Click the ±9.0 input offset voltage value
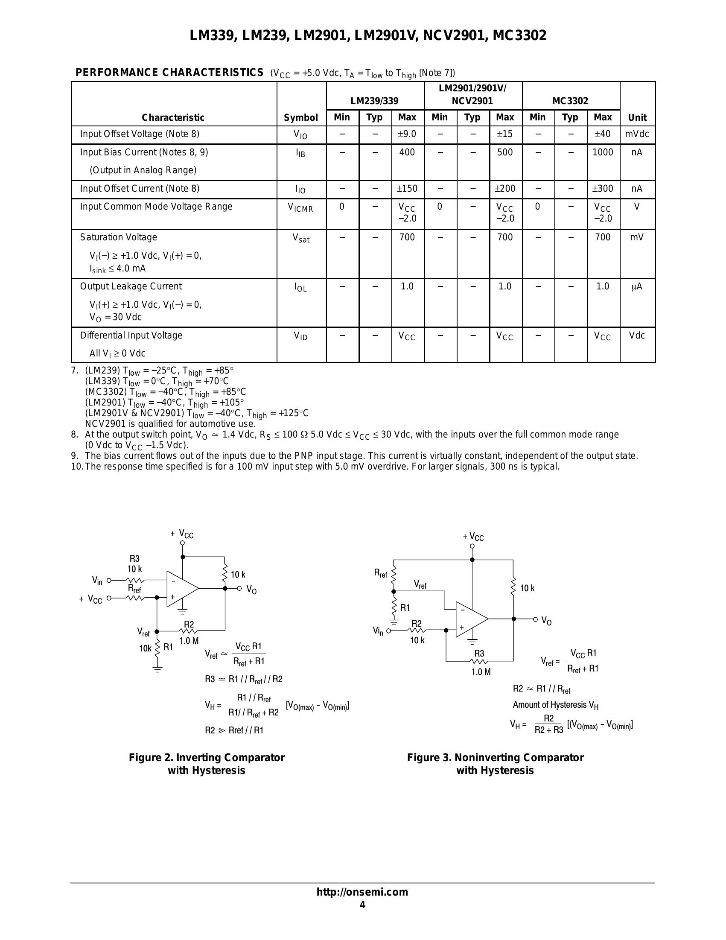407,134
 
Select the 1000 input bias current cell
603,152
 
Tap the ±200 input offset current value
505,189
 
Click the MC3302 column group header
570,101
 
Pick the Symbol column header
301,117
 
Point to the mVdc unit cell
637,134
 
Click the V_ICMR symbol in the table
300,207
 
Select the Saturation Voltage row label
118,237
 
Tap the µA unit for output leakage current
636,286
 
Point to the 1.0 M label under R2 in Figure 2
189,640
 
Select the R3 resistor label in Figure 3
479,654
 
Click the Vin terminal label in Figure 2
97,581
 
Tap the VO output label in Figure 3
546,621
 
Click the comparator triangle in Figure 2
181,589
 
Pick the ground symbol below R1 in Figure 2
157,670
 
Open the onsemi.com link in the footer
362,892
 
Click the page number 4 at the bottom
362,905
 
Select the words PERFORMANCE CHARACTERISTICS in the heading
169,72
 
